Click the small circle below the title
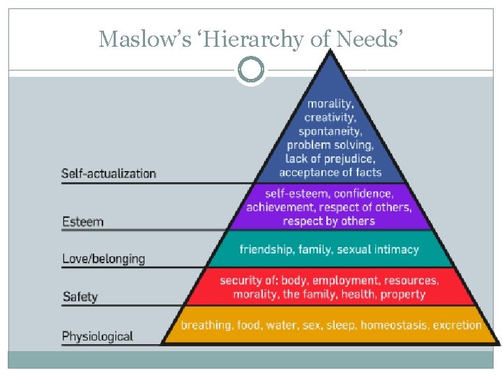pos(251,70)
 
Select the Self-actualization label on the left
pos(108,173)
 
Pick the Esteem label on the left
pos(82,222)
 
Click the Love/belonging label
pos(103,258)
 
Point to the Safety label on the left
pos(80,297)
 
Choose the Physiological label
pos(97,336)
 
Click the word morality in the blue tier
pos(330,104)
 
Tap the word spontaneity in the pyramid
pos(329,131)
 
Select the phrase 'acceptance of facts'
pos(330,172)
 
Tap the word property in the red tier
pos(402,294)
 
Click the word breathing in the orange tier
pos(206,325)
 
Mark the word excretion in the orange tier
pos(457,325)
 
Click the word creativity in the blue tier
pos(330,117)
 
